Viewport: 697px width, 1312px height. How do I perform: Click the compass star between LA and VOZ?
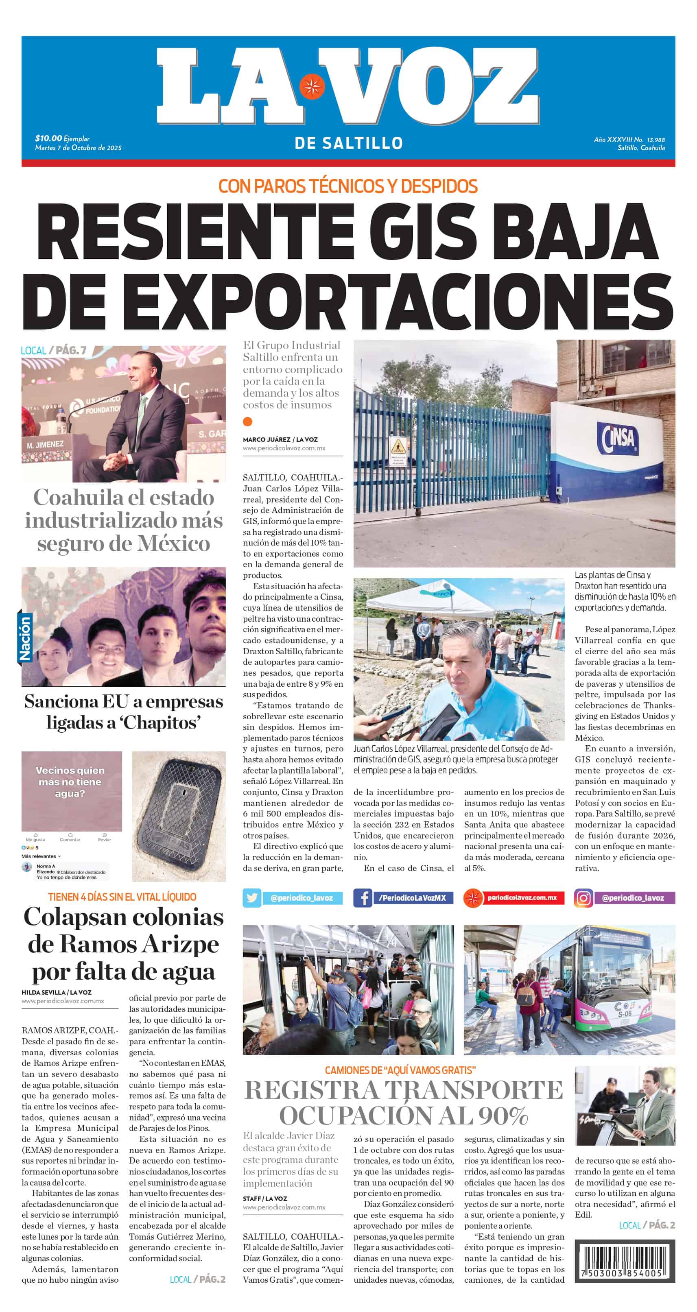[311, 87]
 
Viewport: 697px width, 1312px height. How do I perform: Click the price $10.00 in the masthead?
[48, 138]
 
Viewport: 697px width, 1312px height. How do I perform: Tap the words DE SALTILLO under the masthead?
[348, 143]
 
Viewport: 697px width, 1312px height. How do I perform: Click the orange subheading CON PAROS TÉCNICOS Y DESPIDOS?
[348, 186]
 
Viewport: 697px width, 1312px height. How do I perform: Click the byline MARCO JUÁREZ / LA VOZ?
[280, 439]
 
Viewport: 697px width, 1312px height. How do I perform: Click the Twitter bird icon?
[252, 898]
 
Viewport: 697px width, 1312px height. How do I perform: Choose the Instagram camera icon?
[583, 898]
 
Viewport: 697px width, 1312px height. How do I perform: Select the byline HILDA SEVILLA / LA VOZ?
[57, 992]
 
